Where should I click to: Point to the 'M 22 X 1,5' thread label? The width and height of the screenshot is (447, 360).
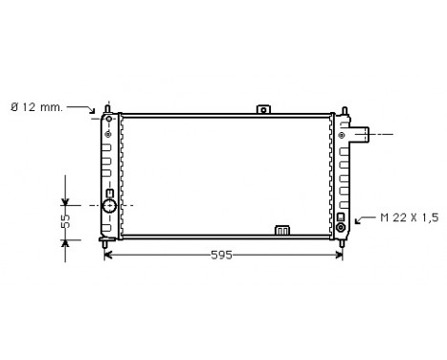tap(410, 218)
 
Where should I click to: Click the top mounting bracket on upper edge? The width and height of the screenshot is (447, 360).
tap(263, 109)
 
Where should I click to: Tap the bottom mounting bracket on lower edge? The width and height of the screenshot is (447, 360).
tap(282, 230)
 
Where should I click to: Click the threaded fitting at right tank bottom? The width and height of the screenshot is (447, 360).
tap(341, 228)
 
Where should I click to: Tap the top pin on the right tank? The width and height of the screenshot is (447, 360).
tap(339, 106)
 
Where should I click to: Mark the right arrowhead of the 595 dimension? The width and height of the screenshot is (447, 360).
tap(340, 256)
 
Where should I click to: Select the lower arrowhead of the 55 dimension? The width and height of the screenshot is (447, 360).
tap(65, 241)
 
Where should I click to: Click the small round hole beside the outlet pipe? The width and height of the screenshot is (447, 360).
tap(341, 135)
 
